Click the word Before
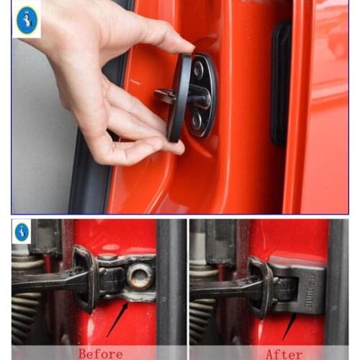click(x=102, y=353)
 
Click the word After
click(x=284, y=353)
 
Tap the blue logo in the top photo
click(x=27, y=20)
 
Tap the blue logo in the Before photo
click(x=22, y=232)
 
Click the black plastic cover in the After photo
click(x=301, y=284)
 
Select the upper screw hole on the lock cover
click(x=199, y=71)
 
